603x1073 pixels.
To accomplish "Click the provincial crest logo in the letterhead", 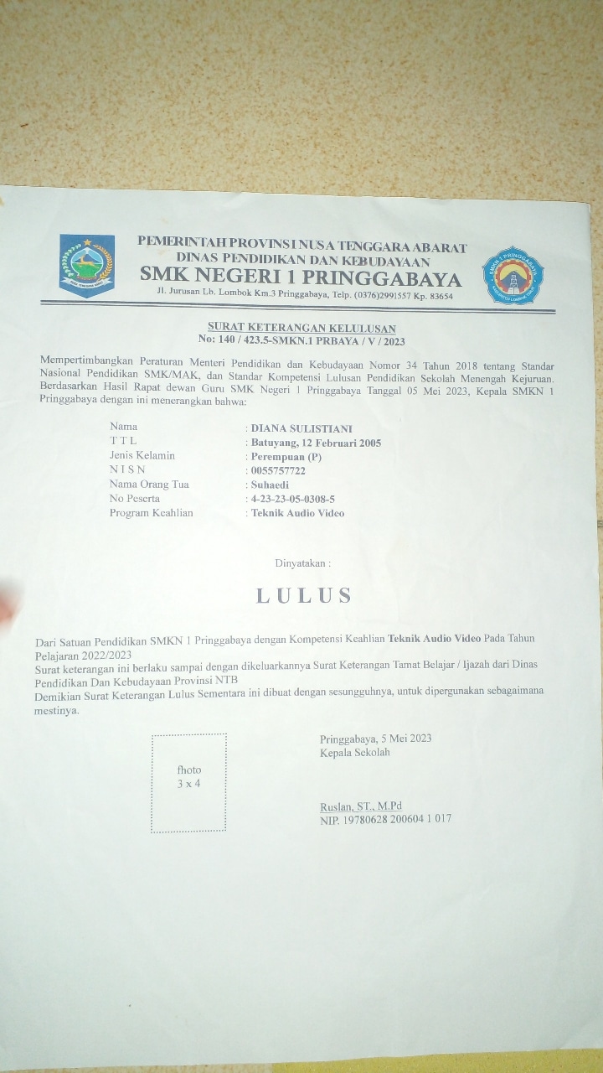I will pyautogui.click(x=87, y=265).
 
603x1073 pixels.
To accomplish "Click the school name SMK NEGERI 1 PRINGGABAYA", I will pyautogui.click(x=300, y=277).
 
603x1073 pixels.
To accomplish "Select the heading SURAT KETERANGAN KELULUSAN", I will pyautogui.click(x=302, y=328).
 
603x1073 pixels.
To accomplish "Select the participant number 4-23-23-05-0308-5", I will pyautogui.click(x=293, y=499).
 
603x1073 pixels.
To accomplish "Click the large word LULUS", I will pyautogui.click(x=303, y=595).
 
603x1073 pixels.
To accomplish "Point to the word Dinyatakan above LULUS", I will pyautogui.click(x=302, y=562).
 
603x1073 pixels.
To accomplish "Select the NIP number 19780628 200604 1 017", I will pyautogui.click(x=385, y=819).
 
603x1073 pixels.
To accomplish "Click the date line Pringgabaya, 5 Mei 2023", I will pyautogui.click(x=375, y=739).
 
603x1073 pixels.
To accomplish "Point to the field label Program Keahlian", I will pyautogui.click(x=151, y=512).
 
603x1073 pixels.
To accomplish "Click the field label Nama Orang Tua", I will pyautogui.click(x=149, y=485).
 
